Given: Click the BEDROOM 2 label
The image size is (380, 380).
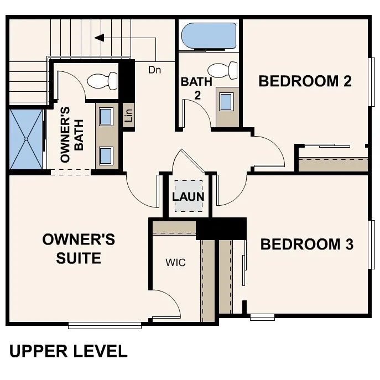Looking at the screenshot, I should tap(305, 81).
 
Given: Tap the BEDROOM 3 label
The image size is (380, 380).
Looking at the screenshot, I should tap(306, 244).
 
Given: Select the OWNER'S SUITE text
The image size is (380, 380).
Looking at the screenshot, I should tap(79, 248).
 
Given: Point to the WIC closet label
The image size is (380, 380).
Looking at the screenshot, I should tap(175, 262).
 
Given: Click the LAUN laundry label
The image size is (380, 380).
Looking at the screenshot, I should tap(188, 197).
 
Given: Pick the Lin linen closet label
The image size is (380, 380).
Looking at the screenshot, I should tap(128, 116).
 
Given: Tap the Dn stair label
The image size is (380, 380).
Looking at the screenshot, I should tap(154, 70).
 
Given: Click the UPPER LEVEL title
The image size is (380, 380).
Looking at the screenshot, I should tap(68, 351).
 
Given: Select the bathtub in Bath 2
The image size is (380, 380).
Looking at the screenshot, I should tap(209, 36).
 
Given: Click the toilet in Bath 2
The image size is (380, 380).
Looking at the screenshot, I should tap(224, 71).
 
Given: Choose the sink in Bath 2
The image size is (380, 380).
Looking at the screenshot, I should tap(226, 102).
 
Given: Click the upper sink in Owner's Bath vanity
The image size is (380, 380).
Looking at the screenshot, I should tap(106, 117).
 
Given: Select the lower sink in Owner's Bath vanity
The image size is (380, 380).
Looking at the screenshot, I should tap(106, 154).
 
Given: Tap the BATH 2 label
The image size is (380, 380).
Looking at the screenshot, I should tap(196, 87).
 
